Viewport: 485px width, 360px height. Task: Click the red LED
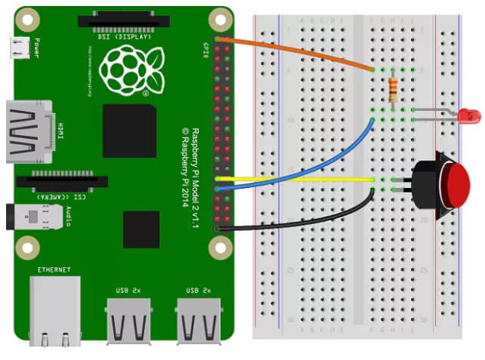pyautogui.click(x=471, y=115)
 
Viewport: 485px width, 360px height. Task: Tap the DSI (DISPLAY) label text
pyautogui.click(x=125, y=35)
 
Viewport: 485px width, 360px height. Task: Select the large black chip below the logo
pyautogui.click(x=130, y=131)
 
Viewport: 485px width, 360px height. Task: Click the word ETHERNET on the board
pyautogui.click(x=54, y=269)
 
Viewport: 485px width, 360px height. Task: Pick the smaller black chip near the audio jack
pyautogui.click(x=141, y=229)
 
